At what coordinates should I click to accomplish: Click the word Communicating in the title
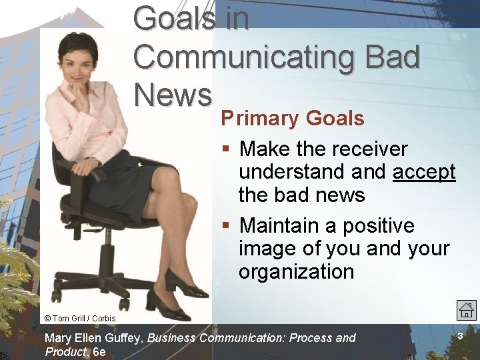tap(247, 57)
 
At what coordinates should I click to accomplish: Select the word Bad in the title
tap(392, 57)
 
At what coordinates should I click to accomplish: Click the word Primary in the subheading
tap(261, 119)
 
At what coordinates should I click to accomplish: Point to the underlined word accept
tap(424, 171)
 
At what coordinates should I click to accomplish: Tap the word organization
tap(296, 271)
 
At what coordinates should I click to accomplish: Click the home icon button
tap(466, 309)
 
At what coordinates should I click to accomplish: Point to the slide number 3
tap(460, 337)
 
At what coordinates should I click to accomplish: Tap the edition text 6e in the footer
tap(99, 352)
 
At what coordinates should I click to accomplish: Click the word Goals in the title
tap(175, 18)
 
